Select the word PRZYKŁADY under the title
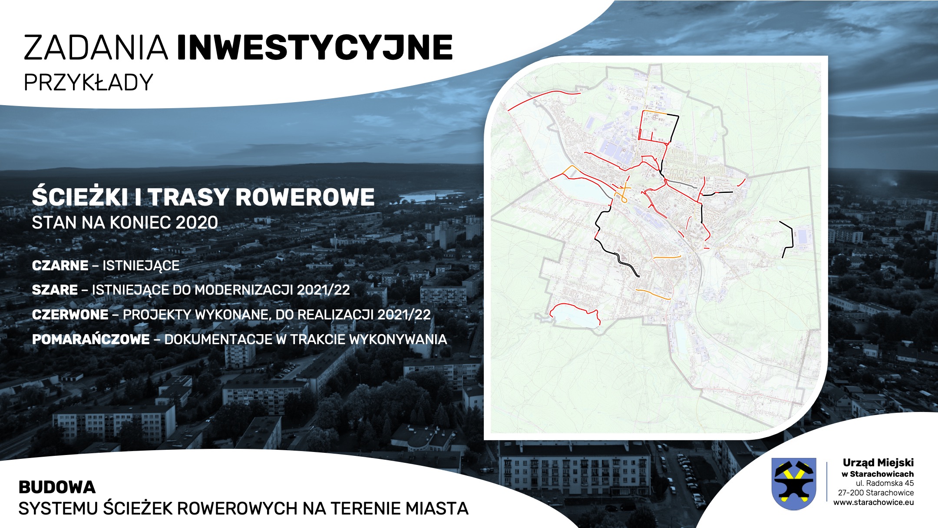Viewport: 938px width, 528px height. (88, 82)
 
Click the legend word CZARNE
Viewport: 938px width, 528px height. (60, 266)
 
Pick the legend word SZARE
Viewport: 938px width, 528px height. (55, 290)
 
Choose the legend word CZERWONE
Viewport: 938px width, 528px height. (70, 315)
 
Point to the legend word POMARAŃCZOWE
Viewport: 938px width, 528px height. (91, 339)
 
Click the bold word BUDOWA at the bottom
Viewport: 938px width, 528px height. (57, 488)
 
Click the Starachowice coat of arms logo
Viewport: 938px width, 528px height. (793, 484)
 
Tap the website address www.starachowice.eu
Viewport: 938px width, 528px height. (873, 502)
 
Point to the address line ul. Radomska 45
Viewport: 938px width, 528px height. (885, 483)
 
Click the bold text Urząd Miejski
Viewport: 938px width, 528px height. (878, 463)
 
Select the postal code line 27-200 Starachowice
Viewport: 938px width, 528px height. (876, 493)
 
